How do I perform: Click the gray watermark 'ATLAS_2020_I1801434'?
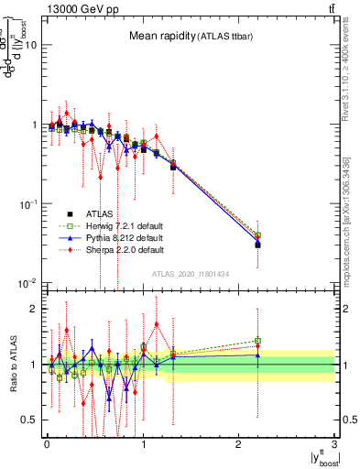click(x=190, y=275)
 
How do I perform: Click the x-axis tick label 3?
click(x=335, y=444)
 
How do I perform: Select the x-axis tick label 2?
click(x=239, y=444)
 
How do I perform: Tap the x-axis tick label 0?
click(x=47, y=444)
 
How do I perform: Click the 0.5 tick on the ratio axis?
click(x=30, y=420)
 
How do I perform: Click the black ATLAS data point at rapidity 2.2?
click(x=258, y=245)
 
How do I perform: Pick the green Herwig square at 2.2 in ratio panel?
click(x=258, y=341)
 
